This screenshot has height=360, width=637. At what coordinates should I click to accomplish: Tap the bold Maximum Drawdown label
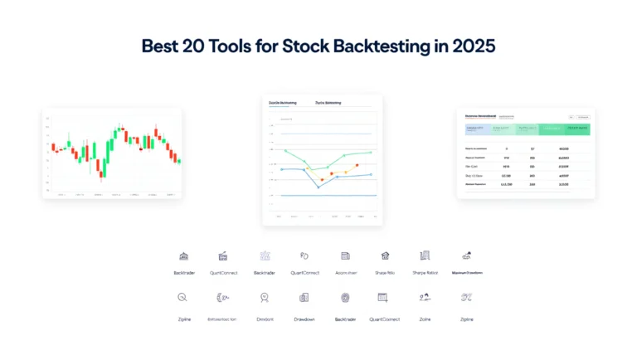point(467,273)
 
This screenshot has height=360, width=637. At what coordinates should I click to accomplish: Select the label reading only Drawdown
point(304,319)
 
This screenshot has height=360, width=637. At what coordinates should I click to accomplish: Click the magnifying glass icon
point(182,297)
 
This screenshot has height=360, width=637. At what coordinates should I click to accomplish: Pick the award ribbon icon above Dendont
point(265,297)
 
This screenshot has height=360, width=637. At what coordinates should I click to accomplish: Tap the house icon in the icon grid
point(385,255)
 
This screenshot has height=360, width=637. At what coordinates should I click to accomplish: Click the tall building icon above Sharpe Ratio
point(425,255)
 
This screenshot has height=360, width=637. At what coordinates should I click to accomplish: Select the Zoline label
point(425,319)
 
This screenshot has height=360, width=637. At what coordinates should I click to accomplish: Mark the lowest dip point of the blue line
point(318,187)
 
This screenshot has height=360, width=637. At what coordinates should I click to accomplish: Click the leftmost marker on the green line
point(285,151)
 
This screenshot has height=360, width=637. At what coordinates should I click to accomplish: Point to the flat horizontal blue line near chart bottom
point(323,196)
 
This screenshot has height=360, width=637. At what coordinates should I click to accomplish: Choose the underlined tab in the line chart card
point(283,103)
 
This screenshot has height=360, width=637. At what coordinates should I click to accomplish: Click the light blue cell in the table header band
point(475,129)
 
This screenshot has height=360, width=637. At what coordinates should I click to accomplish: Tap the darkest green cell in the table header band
point(577,129)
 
